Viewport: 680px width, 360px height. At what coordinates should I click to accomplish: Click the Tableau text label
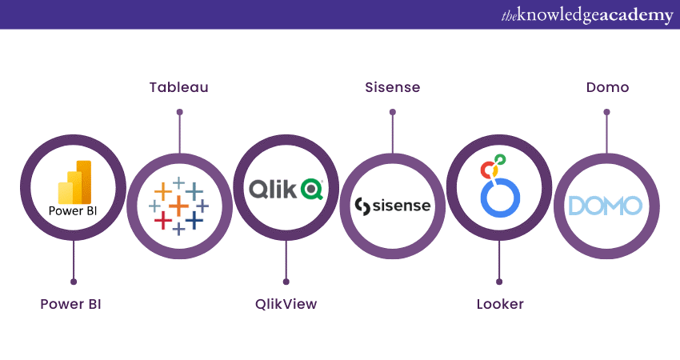coord(178,86)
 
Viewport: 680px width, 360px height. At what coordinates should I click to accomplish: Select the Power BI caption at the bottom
coord(71,304)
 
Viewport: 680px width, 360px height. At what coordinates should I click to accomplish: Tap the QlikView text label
coord(286,304)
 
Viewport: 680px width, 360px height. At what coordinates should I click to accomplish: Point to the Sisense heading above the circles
coord(392,86)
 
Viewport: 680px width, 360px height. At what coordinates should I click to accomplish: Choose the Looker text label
coord(500,304)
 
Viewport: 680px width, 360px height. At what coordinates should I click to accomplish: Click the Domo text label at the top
coord(606,86)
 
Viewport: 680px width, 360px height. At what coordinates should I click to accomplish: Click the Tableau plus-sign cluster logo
coord(178,205)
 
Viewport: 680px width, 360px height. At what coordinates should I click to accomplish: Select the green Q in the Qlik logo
coord(312,189)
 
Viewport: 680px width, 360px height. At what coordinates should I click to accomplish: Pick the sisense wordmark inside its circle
coord(393,206)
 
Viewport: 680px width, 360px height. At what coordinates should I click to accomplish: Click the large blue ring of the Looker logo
coord(500,197)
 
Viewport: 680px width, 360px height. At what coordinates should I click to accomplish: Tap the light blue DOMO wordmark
coord(605,206)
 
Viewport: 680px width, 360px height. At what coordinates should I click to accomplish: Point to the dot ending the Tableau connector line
coord(179,113)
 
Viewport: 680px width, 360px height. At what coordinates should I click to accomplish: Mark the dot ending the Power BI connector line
coord(74,282)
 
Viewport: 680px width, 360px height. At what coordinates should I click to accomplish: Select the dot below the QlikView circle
coord(286,282)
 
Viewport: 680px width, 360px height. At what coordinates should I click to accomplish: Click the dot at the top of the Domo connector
coord(606,113)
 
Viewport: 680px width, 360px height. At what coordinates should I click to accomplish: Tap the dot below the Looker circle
coord(499,282)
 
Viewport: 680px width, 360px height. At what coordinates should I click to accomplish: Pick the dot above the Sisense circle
coord(392,113)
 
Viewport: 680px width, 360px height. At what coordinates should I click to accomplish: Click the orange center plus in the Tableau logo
coord(178,206)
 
